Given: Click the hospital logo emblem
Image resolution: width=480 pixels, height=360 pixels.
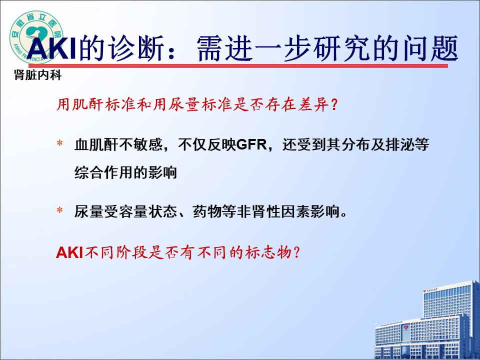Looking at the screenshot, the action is (36, 37).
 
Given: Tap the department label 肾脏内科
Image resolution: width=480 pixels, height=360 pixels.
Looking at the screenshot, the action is (37, 75).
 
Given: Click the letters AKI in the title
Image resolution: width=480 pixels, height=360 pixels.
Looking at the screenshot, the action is (51, 48).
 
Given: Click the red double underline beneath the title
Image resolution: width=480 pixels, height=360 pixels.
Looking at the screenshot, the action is (238, 66).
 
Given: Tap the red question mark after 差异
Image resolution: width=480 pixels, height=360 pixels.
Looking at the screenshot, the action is (334, 105).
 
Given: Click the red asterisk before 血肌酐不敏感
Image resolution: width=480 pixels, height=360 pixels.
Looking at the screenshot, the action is (59, 144).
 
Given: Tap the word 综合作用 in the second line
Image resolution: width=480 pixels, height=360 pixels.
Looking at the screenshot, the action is (103, 173).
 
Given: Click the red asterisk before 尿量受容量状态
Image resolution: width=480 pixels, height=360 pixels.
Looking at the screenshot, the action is (59, 210).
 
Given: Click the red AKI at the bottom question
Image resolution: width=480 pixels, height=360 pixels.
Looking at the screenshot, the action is (70, 253).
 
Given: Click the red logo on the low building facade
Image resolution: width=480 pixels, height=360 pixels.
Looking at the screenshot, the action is (406, 328).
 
